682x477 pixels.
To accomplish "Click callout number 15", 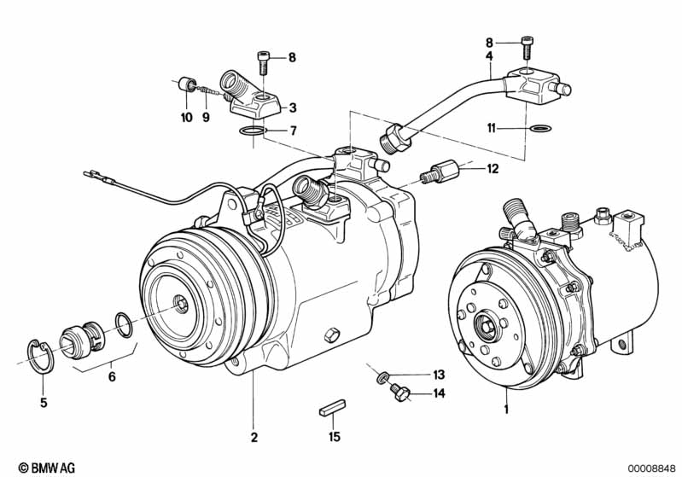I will [x=335, y=437].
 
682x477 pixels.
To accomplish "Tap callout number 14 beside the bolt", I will [x=438, y=393].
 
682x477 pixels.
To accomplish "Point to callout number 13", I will [x=438, y=375].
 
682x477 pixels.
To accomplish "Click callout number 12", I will [x=492, y=169].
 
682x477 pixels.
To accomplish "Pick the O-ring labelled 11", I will [x=539, y=129].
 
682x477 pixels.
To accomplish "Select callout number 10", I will [x=187, y=118].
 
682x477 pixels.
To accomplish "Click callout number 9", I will [x=206, y=118].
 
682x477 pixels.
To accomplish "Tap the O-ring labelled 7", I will [x=252, y=131].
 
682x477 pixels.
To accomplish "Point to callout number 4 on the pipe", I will [x=489, y=56].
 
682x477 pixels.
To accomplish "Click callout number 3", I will [x=293, y=108].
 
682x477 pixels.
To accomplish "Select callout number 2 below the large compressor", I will [x=254, y=439].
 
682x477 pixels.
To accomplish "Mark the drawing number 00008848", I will [x=651, y=468].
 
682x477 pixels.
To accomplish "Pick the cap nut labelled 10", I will [x=184, y=84].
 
